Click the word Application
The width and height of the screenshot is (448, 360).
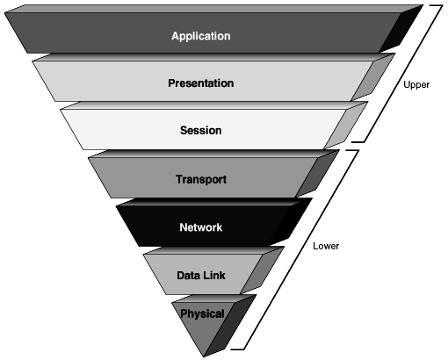click(200, 36)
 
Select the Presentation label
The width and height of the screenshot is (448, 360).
click(200, 83)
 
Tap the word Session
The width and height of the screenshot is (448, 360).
click(200, 131)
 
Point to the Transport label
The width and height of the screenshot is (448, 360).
click(201, 179)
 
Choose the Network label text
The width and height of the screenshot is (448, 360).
click(201, 227)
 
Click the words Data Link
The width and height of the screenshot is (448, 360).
click(201, 275)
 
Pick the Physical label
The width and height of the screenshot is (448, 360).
click(202, 313)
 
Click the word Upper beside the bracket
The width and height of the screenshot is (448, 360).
click(415, 86)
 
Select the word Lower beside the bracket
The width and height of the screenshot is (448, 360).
click(326, 246)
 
